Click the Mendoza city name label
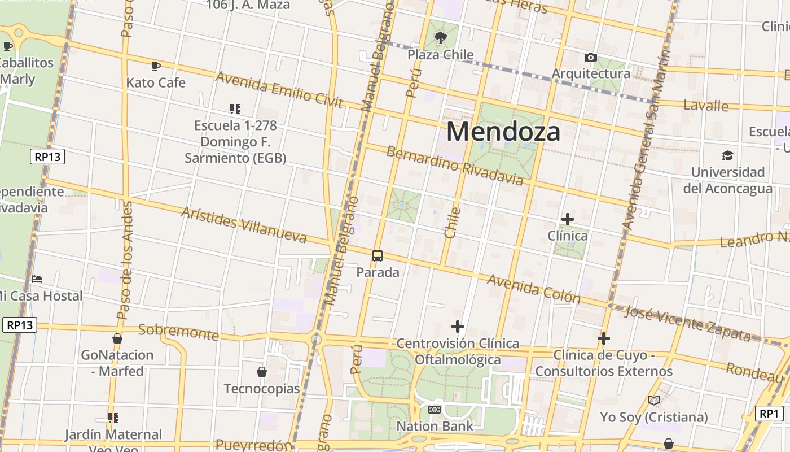[x=503, y=132]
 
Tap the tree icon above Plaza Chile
[x=440, y=38]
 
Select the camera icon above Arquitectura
[x=591, y=57]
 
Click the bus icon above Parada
[x=378, y=256]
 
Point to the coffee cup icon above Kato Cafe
[x=156, y=66]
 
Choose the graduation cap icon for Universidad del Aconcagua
[x=727, y=155]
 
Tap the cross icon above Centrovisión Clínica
[x=458, y=327]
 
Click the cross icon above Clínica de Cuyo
[x=604, y=338]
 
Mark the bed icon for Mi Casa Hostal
[x=37, y=279]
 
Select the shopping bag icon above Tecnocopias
[x=262, y=372]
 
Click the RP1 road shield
[x=769, y=414]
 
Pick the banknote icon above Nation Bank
[x=434, y=410]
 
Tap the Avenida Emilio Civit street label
[x=279, y=89]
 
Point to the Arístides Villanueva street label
[x=244, y=225]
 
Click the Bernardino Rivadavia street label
[x=455, y=166]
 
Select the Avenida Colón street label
[x=533, y=288]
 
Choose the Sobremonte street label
[x=178, y=332]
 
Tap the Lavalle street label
[x=706, y=105]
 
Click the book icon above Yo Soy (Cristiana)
[x=654, y=401]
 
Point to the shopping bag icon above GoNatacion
[x=117, y=338]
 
